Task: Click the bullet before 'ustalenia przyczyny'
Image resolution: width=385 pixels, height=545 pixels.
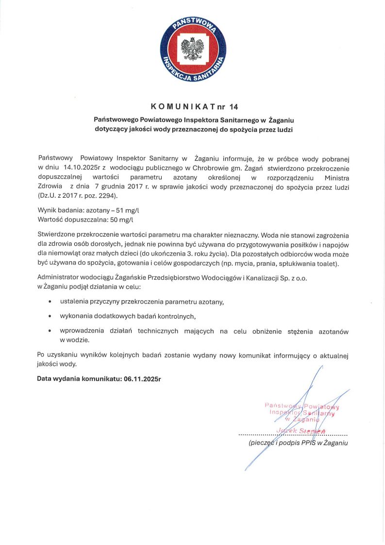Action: click(50, 302)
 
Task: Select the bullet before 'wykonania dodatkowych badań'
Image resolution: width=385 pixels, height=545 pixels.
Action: click(50, 316)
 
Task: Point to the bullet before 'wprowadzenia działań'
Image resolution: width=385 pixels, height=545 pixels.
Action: click(50, 332)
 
